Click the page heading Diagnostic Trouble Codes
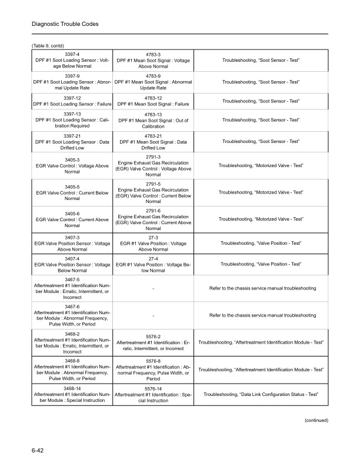pos(65,24)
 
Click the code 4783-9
pos(152,76)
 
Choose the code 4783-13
pos(152,115)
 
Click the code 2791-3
pos(152,157)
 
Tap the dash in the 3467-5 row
pos(152,288)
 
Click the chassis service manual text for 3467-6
pos(262,315)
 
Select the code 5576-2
pos(152,337)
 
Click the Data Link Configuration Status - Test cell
pos(262,393)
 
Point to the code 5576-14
pos(152,388)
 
